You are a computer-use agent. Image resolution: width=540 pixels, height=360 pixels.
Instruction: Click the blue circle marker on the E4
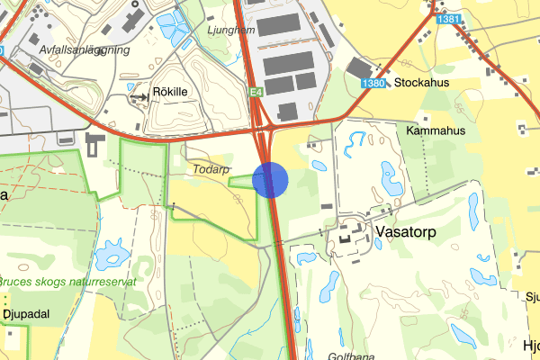click(270, 179)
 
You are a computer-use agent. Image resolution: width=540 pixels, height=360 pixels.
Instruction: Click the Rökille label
click(175, 91)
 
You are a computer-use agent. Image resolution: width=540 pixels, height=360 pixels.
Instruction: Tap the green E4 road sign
click(256, 92)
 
